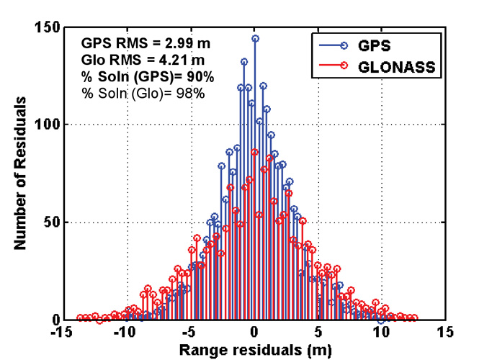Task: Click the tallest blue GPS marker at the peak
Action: point(255,38)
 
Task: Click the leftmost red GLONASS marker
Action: point(80,318)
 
